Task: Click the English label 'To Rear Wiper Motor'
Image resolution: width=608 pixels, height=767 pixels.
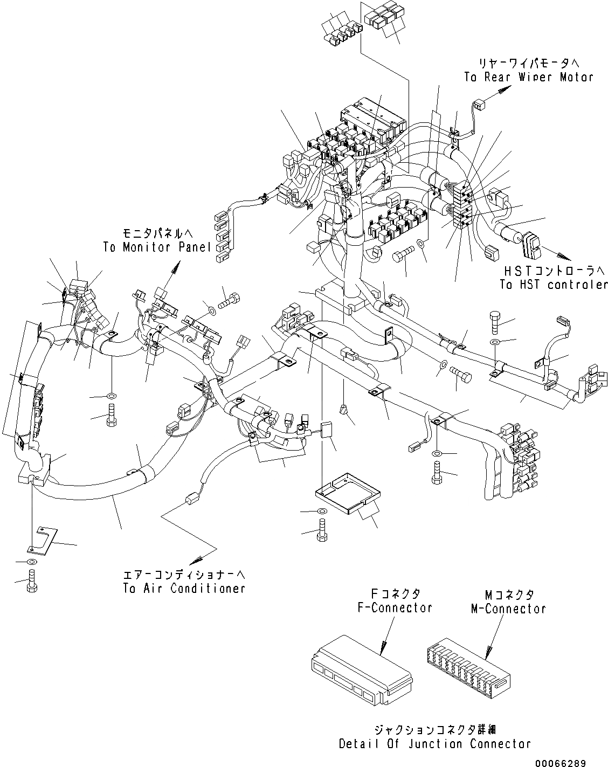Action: tap(528, 77)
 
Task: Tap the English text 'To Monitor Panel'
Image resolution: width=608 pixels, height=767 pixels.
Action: tap(156, 247)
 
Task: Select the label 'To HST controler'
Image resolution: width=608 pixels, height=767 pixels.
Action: tap(553, 285)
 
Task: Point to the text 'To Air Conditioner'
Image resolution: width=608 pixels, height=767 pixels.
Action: tap(184, 588)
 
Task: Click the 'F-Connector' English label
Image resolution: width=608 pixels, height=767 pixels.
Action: tap(395, 608)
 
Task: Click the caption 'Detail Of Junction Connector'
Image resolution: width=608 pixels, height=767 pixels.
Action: tap(434, 744)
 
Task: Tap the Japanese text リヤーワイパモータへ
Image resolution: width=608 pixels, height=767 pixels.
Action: tap(528, 63)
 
